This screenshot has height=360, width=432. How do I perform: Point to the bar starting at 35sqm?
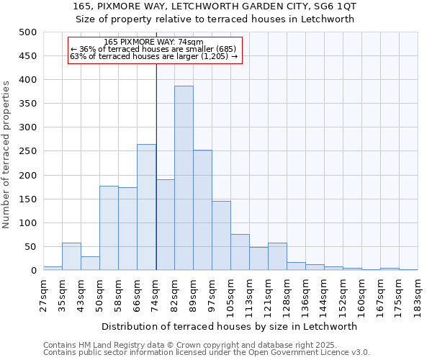pos(71,256)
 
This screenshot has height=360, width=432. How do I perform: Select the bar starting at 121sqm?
pos(277,256)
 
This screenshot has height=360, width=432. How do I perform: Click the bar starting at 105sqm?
pos(240,252)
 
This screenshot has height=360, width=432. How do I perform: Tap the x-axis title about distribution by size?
pos(230,326)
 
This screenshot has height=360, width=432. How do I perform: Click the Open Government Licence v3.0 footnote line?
pos(206,352)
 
